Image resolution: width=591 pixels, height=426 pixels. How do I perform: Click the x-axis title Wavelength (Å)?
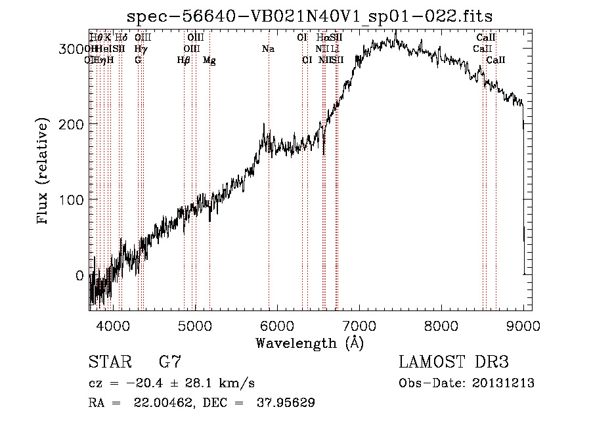point(309,343)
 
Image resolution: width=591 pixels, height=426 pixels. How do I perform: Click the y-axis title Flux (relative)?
point(43,172)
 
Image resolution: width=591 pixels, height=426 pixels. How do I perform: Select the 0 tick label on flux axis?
point(79,276)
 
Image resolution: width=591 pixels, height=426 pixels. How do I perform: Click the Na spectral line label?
point(268,49)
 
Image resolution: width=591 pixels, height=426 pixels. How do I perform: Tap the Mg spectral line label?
point(209,60)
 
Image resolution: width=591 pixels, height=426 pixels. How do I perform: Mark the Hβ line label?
point(184,60)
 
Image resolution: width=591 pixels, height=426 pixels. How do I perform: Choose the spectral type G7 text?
point(169,362)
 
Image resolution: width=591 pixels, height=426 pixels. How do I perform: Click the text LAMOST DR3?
point(454,362)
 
